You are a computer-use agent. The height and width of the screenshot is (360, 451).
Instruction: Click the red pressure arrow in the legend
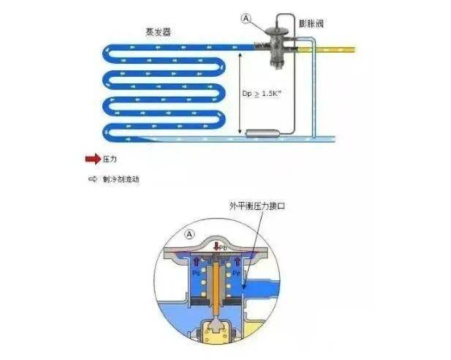point(91,157)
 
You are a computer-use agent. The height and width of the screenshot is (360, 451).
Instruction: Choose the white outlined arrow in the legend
point(91,178)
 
